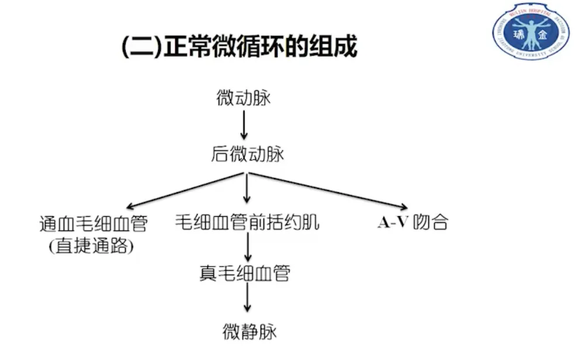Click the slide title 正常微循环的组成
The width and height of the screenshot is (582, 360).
(260, 47)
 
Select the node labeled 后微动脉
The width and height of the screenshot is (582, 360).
(247, 154)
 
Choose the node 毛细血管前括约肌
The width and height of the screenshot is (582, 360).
(248, 223)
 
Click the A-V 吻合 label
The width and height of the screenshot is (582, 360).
(413, 223)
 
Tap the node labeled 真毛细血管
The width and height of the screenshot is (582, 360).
(245, 274)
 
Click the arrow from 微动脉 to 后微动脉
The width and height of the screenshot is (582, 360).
(244, 127)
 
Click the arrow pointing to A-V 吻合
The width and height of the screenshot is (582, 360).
(327, 190)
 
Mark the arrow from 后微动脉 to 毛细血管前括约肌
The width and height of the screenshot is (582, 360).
(247, 190)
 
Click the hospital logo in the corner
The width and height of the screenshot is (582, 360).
(530, 32)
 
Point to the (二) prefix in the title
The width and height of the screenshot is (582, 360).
(140, 47)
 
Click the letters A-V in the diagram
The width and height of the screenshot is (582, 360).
(392, 223)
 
